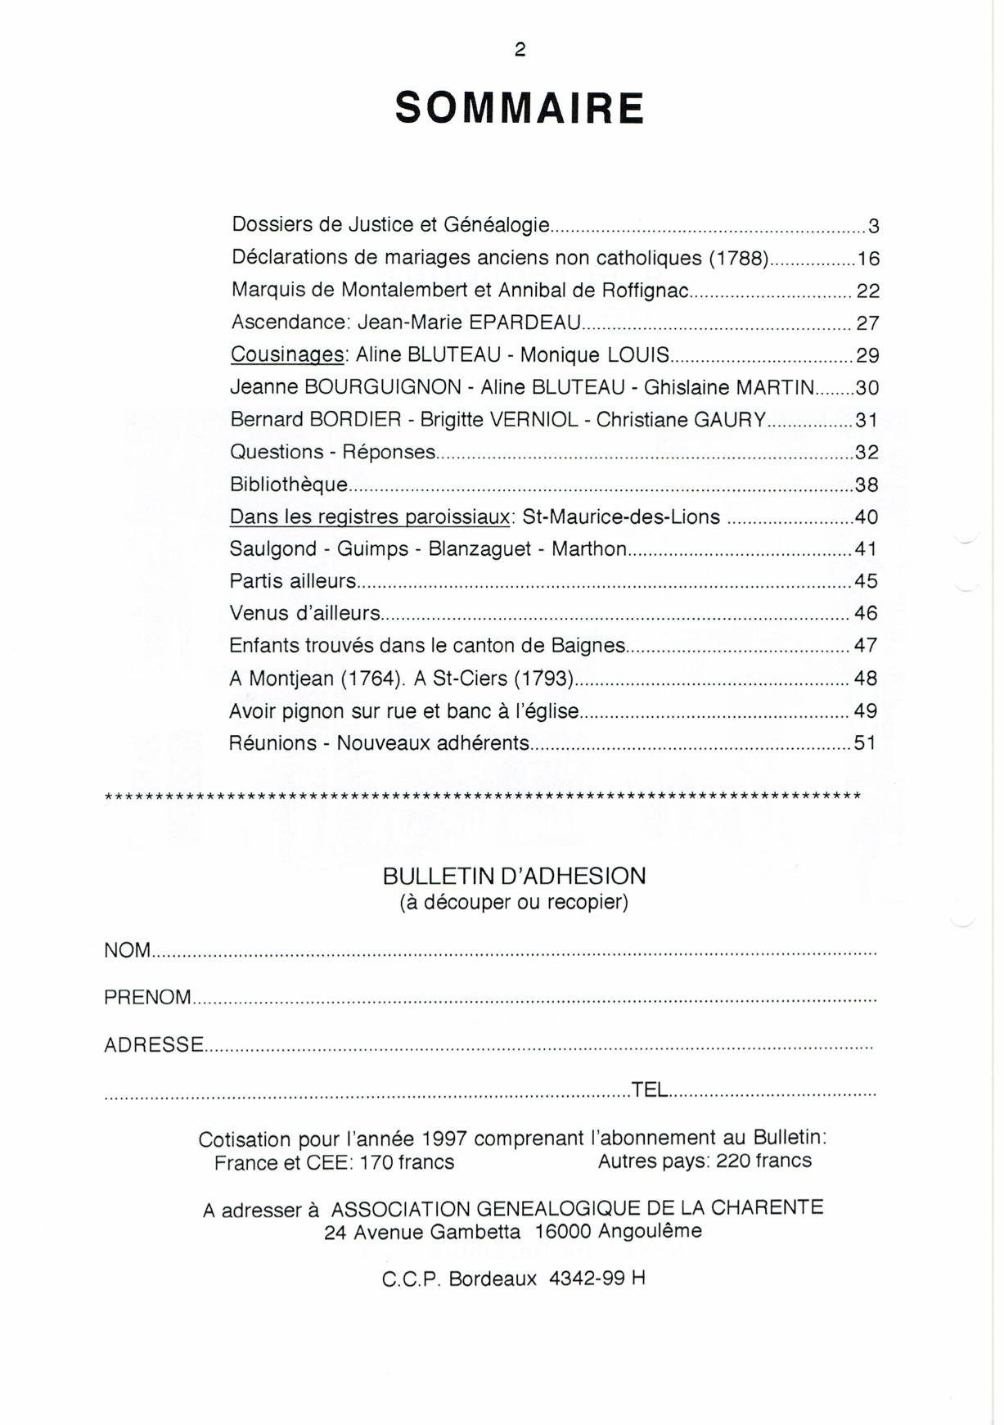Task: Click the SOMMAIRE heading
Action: (x=520, y=108)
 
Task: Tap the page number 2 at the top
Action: (x=520, y=50)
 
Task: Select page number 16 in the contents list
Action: (x=867, y=259)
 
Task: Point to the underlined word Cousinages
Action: (x=287, y=355)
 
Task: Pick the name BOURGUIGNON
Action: (x=383, y=387)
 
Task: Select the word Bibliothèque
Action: (x=289, y=485)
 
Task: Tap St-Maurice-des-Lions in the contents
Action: (x=621, y=517)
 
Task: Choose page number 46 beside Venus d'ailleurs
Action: (x=865, y=613)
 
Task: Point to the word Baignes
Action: (x=588, y=646)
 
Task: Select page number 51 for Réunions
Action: (x=865, y=743)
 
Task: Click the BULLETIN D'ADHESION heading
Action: (x=514, y=877)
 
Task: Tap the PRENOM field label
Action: (x=147, y=998)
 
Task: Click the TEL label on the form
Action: (x=650, y=1090)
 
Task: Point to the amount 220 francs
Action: (x=763, y=1161)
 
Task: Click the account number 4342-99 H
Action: (x=597, y=1278)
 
